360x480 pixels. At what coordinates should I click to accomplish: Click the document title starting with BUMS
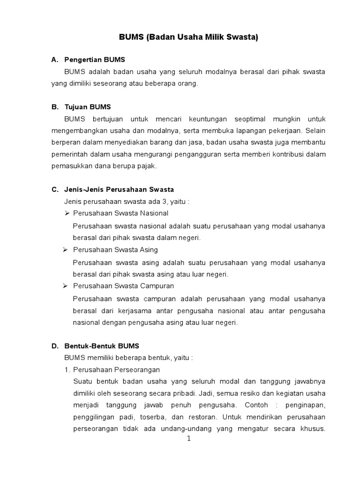(180, 38)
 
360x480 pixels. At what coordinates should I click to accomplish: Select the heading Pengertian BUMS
(95, 60)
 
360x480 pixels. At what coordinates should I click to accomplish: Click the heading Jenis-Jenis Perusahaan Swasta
(119, 190)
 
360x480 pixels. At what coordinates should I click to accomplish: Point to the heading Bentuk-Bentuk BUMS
(102, 346)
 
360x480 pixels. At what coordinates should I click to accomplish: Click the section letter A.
(54, 60)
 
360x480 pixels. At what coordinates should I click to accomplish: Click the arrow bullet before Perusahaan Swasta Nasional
(67, 213)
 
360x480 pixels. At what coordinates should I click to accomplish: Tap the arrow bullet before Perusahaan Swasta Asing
(67, 249)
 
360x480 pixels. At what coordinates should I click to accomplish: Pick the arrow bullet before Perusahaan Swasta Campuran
(67, 285)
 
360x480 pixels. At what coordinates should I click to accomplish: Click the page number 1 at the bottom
(189, 439)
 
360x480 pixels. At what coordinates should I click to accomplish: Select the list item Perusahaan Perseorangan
(117, 369)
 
